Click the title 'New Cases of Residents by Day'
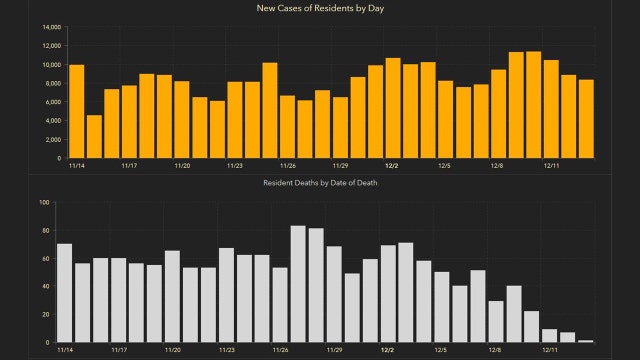tap(320, 9)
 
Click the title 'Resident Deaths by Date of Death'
tap(320, 183)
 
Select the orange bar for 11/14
tap(77, 111)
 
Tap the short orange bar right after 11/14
tap(94, 136)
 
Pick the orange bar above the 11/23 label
tap(235, 120)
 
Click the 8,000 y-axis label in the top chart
tap(52, 84)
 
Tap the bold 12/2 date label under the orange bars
tap(393, 166)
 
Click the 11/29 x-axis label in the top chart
tap(340, 166)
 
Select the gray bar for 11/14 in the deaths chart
tap(64, 293)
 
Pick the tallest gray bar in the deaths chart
tap(298, 284)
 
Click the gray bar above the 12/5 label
tap(441, 307)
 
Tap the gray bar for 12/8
tap(496, 321)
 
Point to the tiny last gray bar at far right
tap(586, 341)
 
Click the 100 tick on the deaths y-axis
tap(44, 203)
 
